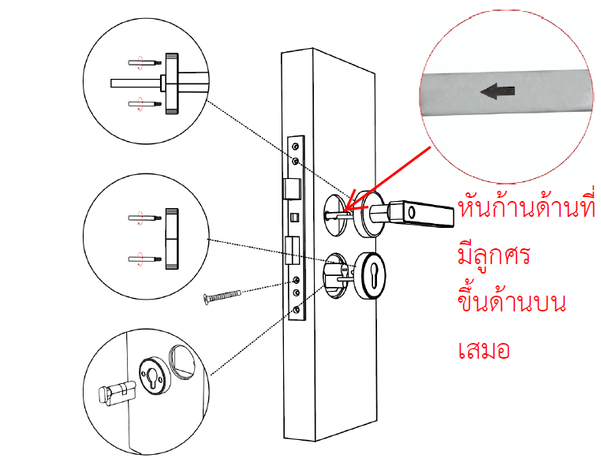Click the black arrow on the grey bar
[x=495, y=92]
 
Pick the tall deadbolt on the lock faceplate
[x=290, y=250]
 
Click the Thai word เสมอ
[x=483, y=348]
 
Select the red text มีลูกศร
[x=495, y=259]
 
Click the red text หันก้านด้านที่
[x=523, y=211]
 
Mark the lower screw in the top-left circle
[x=142, y=102]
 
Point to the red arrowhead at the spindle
[x=349, y=211]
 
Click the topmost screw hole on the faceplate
[x=296, y=146]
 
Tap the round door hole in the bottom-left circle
[x=183, y=363]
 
